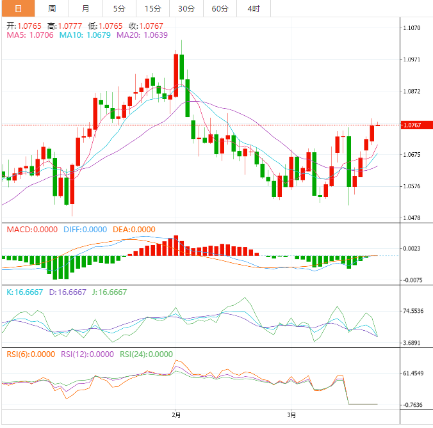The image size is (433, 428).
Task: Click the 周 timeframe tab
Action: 52,8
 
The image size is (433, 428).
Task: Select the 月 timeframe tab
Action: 86,8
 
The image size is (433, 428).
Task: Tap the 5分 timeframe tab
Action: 119,8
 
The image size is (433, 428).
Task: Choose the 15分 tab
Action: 153,8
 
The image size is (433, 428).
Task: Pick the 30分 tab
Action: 186,8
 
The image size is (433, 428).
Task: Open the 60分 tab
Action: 220,8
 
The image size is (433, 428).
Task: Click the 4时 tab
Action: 254,8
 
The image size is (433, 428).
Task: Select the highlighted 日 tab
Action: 18,8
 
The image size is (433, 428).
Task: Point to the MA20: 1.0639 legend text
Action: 142,35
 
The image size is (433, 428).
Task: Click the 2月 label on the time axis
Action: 177,415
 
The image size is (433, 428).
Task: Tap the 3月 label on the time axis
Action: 292,415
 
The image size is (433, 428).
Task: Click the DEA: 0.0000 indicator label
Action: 134,230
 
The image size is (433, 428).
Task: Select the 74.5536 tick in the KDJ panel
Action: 413,311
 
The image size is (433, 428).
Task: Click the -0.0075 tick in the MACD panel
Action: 413,280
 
